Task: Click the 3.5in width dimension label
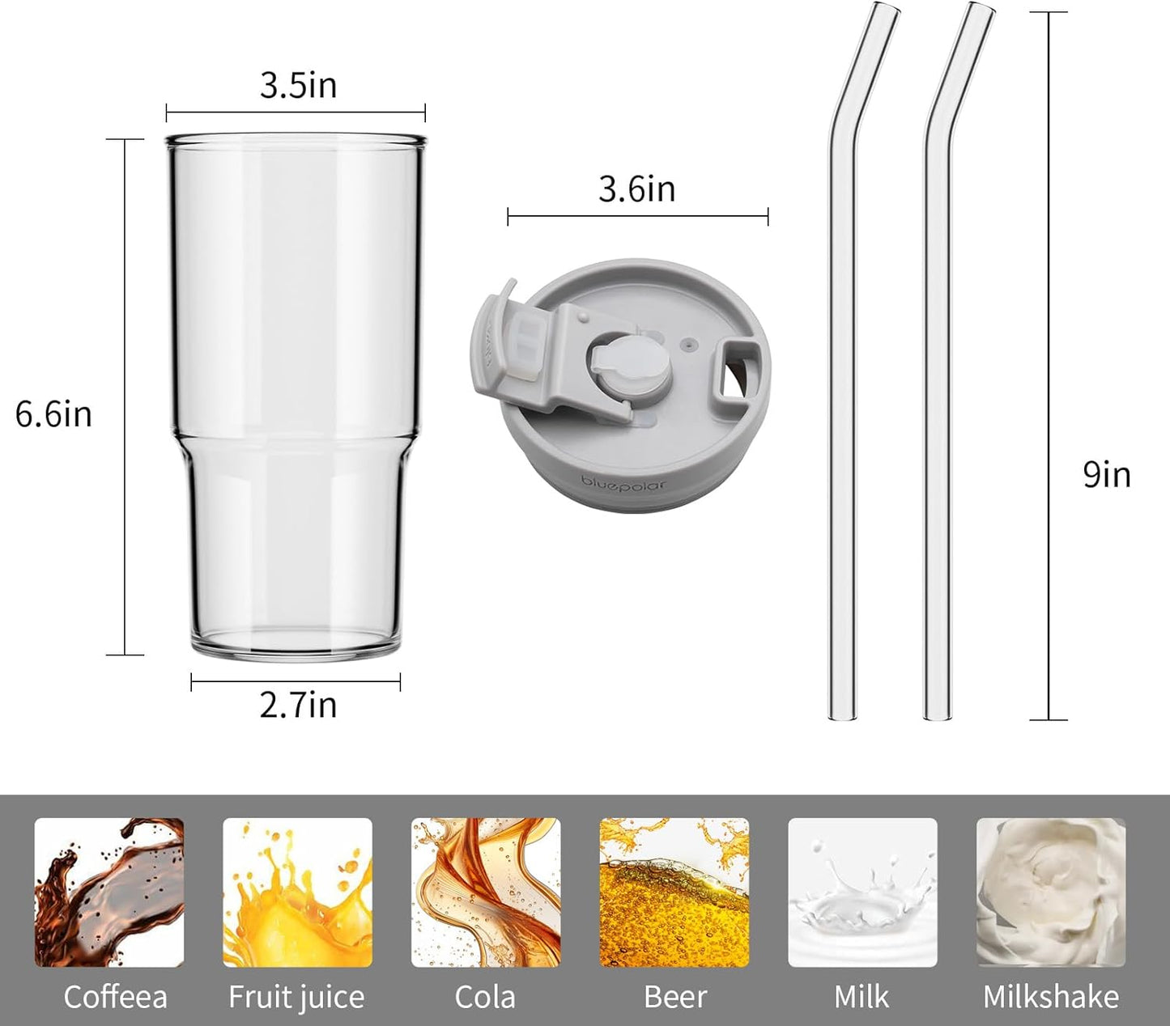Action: click(x=298, y=86)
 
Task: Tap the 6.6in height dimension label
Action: click(x=53, y=414)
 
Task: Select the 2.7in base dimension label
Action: click(x=298, y=705)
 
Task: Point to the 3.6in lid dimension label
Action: click(x=636, y=189)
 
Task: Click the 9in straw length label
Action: click(x=1106, y=474)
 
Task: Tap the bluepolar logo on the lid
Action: click(x=623, y=484)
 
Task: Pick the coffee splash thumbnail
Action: click(x=109, y=892)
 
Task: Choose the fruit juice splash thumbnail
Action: click(x=297, y=892)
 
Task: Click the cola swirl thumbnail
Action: click(x=486, y=892)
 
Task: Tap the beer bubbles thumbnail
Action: click(x=674, y=892)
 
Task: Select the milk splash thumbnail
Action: click(x=862, y=892)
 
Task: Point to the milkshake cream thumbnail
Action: click(x=1051, y=892)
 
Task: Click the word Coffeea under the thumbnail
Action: click(x=115, y=997)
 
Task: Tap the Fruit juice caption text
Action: click(x=296, y=997)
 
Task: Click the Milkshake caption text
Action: click(x=1051, y=997)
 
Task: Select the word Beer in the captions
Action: click(x=675, y=997)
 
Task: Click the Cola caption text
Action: click(x=485, y=997)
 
